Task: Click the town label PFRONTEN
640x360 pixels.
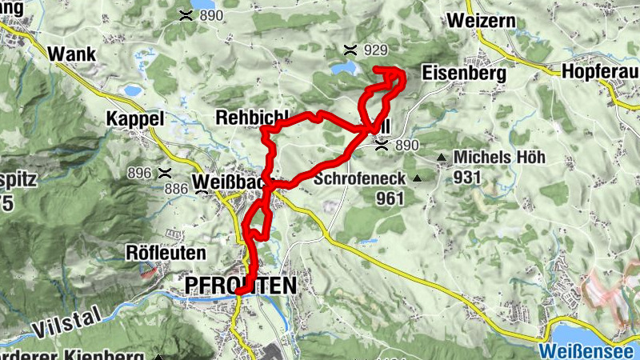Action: click(x=240, y=285)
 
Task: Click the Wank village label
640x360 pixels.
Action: click(x=72, y=54)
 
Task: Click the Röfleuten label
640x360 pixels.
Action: click(x=166, y=253)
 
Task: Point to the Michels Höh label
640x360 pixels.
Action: click(x=499, y=157)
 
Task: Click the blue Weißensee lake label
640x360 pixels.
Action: click(x=587, y=350)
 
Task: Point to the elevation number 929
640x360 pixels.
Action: click(x=375, y=50)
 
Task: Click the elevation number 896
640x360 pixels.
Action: click(x=138, y=173)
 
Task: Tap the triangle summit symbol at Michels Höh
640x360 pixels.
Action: click(x=442, y=158)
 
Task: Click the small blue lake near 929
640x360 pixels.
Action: click(x=343, y=69)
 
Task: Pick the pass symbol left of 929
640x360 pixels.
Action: click(x=350, y=50)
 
